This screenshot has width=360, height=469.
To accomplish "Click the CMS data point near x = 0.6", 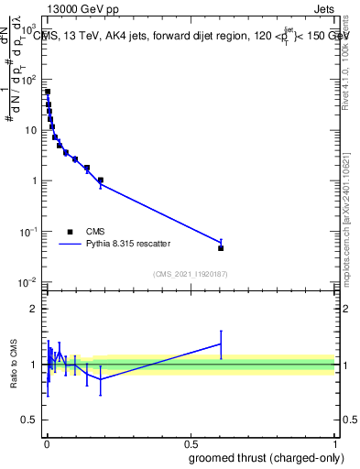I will pyautogui.click(x=221, y=248).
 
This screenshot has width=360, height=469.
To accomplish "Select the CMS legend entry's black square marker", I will pyautogui.click(x=71, y=232).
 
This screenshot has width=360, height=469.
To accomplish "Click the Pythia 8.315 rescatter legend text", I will pyautogui.click(x=128, y=245).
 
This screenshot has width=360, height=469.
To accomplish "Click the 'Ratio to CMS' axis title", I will pyautogui.click(x=14, y=365).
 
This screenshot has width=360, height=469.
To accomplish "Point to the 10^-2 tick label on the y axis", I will pyautogui.click(x=30, y=282).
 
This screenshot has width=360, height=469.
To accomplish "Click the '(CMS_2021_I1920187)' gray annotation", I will pyautogui.click(x=190, y=273).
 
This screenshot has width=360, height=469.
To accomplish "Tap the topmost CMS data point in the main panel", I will pyautogui.click(x=48, y=92).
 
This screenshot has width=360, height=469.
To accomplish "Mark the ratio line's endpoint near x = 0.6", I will pyautogui.click(x=221, y=344).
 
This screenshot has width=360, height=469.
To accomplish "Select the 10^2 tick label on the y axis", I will pyautogui.click(x=30, y=80).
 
